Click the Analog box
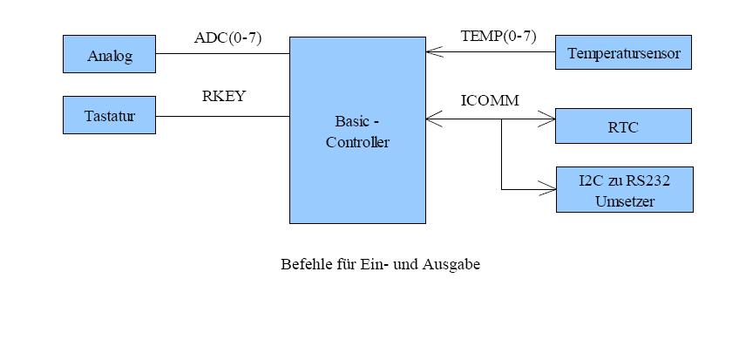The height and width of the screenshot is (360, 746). point(110,54)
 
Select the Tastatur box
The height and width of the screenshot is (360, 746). point(110,115)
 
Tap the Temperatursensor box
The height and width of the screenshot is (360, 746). point(623,53)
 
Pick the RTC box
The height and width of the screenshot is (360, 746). point(623,126)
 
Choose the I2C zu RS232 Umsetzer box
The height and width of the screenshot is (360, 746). point(624,189)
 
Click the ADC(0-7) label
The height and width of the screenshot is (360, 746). point(227,37)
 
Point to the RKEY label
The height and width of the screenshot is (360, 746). point(224,97)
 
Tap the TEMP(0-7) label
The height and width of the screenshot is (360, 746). point(498,37)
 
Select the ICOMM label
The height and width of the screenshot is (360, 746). point(489,100)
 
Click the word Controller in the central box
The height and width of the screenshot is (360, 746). point(357,142)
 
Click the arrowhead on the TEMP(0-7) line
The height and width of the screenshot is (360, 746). point(432,53)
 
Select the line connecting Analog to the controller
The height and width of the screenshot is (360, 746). point(222,54)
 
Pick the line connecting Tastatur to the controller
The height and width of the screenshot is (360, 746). point(222,116)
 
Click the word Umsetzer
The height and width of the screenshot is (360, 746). point(624,200)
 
